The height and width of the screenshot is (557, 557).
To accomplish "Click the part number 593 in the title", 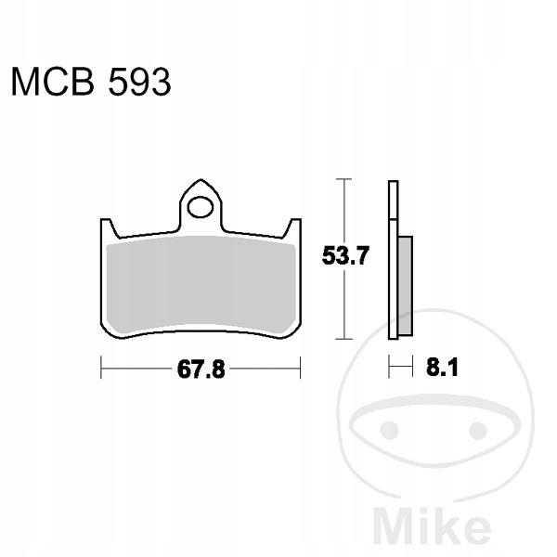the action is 139,82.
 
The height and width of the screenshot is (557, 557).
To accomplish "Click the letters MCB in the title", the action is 53,82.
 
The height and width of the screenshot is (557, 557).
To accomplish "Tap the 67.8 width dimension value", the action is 201,369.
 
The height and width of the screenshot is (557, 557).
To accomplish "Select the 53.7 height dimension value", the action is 345,256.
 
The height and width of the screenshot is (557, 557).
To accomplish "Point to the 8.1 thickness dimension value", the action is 442,368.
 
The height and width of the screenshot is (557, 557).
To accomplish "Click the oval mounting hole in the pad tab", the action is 201,207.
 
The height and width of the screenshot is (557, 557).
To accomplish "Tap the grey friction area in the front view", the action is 201,284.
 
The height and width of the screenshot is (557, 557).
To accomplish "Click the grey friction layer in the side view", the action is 406,286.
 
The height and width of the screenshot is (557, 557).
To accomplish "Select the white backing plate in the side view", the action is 394,260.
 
